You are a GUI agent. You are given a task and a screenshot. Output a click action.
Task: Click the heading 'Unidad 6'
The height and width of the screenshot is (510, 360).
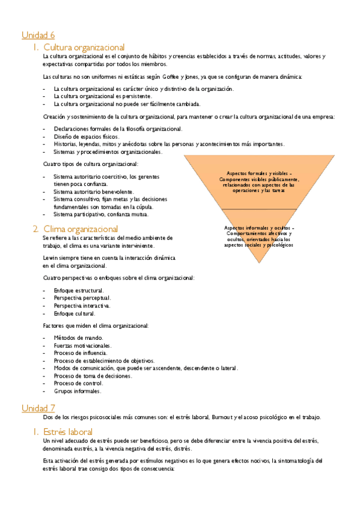click(x=38, y=35)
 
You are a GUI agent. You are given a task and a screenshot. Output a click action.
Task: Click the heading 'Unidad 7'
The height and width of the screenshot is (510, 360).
click(x=38, y=408)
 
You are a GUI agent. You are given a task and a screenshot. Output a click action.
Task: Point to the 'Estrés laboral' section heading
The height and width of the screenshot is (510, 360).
click(x=68, y=431)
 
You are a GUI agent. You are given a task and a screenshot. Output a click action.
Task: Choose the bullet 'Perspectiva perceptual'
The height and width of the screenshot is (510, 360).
click(x=82, y=298)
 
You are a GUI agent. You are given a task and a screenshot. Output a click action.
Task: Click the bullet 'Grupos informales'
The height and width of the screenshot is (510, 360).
click(x=78, y=391)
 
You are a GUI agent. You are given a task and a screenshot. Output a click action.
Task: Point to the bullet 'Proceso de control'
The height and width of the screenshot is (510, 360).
click(x=78, y=383)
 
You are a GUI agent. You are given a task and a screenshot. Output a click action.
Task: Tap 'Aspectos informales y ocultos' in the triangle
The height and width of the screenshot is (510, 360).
click(x=260, y=229)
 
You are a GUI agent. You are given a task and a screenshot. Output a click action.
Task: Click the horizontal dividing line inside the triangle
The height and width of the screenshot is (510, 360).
click(x=260, y=209)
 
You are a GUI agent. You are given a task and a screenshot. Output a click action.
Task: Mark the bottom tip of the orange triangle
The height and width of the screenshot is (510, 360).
click(x=260, y=263)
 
